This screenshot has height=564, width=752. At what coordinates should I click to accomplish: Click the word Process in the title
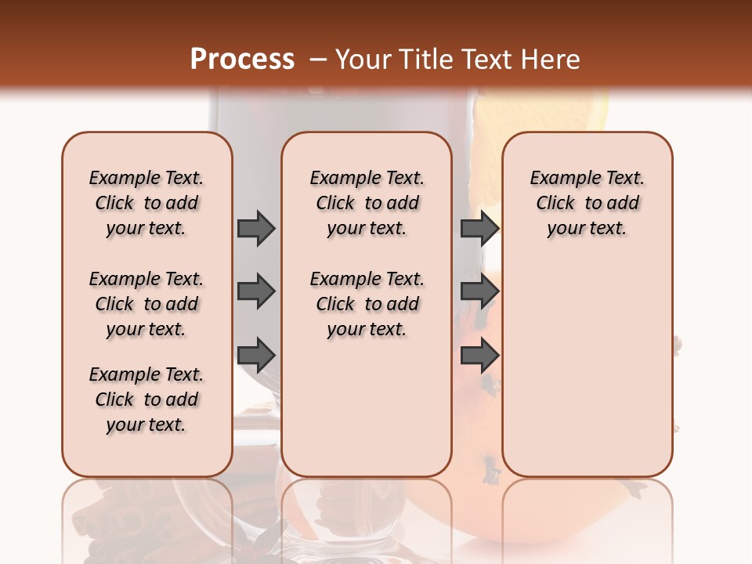(242, 60)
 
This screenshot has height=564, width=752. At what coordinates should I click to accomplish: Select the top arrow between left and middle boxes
(256, 228)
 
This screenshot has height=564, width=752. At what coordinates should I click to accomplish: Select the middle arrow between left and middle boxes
(256, 292)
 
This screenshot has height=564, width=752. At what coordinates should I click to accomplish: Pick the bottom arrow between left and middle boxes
(256, 356)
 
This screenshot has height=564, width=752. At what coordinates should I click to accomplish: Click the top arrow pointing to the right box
(479, 228)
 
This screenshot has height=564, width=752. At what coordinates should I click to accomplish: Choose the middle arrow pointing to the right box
(479, 292)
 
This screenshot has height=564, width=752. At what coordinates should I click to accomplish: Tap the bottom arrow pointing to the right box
(479, 356)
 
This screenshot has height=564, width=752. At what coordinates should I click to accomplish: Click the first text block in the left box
(146, 203)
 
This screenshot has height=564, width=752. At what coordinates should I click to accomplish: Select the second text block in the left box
(146, 304)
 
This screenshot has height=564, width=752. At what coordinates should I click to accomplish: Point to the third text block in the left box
(146, 399)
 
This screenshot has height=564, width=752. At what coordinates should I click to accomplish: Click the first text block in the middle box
(367, 203)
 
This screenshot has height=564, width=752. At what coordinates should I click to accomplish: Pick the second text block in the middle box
(367, 304)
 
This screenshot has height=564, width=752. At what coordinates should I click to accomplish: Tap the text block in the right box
(587, 203)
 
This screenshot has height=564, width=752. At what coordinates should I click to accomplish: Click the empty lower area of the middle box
(367, 407)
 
